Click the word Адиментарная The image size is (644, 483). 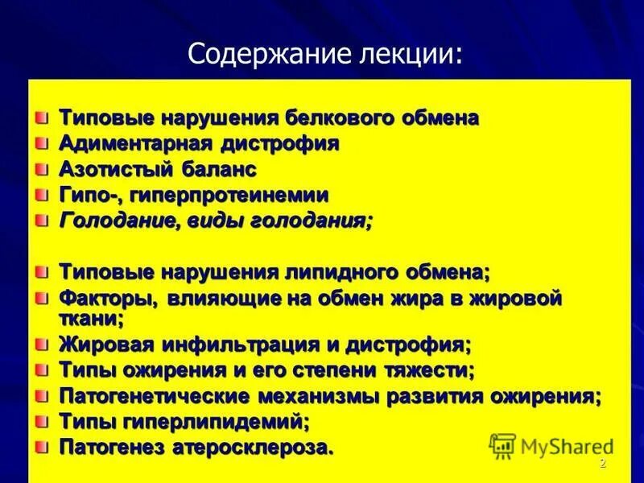click(x=134, y=144)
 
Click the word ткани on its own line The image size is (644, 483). click(x=89, y=319)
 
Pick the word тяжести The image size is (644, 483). click(x=431, y=370)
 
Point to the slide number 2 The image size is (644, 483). click(x=602, y=465)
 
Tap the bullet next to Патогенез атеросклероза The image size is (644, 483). click(x=42, y=447)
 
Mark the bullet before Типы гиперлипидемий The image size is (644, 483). click(x=42, y=421)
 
